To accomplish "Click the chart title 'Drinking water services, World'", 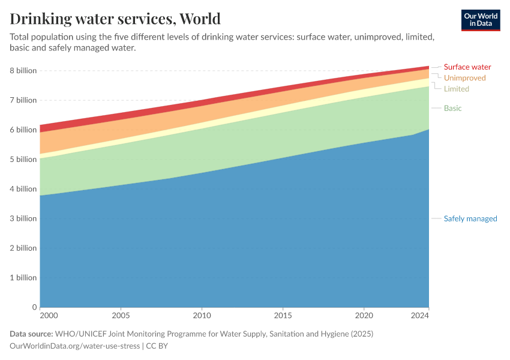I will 115,19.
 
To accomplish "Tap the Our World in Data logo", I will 480,20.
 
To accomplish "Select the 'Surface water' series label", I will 467,67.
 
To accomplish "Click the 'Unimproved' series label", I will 464,78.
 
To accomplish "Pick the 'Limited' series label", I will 456,89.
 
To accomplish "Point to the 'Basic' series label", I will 452,108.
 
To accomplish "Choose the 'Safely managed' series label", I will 470,218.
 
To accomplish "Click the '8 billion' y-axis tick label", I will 22,71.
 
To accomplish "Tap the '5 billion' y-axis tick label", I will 22,160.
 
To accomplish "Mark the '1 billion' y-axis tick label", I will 22,278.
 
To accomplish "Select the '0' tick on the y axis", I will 34,307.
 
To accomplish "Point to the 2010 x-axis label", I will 202,315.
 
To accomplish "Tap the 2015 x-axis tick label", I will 283,315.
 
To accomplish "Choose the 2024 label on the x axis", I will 420,315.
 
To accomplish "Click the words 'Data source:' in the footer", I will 31,334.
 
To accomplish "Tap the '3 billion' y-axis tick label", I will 22,218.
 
